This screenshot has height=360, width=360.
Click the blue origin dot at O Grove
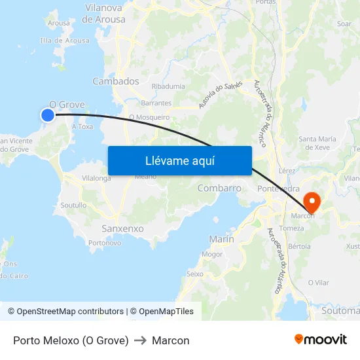48,115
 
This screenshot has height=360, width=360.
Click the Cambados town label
116,81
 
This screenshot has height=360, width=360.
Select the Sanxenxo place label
122,228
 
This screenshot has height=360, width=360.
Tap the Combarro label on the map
219,188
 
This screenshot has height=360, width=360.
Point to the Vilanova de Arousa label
104,14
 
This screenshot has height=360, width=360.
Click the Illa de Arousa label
65,41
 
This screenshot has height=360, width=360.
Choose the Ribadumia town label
168,86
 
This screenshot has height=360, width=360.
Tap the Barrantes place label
156,103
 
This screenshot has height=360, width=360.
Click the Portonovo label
105,243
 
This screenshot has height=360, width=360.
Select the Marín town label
221,239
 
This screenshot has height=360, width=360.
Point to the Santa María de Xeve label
317,143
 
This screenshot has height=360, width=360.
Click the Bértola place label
299,246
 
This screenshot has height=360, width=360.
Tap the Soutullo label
73,205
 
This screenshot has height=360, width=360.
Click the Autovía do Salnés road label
220,96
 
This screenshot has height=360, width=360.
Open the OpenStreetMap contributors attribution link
67,312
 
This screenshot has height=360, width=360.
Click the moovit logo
320,339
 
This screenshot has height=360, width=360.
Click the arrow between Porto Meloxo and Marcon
140,340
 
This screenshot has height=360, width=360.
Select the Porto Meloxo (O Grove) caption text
71,340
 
